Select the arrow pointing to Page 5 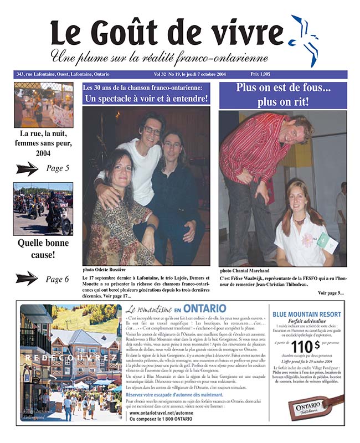click(x=27, y=168)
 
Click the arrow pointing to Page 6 click(x=27, y=279)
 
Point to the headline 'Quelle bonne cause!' click(x=43, y=250)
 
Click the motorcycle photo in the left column click(x=43, y=209)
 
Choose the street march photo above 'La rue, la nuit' click(x=43, y=105)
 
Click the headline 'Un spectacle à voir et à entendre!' click(x=146, y=99)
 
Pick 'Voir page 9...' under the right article click(x=331, y=293)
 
